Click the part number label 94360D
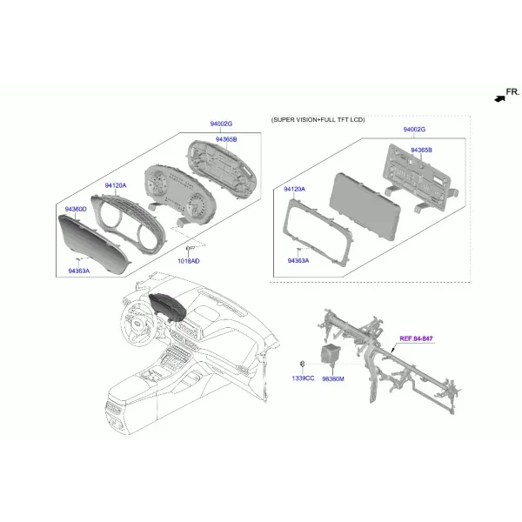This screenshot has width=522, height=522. coord(76,209)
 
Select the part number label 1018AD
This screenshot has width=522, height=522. coord(189,261)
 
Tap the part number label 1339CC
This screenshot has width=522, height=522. coord(303,378)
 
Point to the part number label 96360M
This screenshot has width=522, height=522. coord(333,378)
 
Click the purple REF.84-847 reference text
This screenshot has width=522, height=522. coord(416,338)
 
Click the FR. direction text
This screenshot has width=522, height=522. coord(512,92)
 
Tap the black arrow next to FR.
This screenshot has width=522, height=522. coord(499,98)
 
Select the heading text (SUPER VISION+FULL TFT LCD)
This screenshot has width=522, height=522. coord(318,119)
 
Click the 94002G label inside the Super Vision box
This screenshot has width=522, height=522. coord(414,129)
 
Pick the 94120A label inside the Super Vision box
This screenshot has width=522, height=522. coord(294,189)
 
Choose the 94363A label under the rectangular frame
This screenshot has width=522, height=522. coord(298,260)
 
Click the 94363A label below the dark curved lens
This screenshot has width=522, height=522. coord(79,271)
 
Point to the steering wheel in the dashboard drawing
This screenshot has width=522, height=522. coord(138,322)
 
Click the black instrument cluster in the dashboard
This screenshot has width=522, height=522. coord(167,308)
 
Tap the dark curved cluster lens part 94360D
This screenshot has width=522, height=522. coord(92,244)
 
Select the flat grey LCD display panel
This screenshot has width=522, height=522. coord(365,206)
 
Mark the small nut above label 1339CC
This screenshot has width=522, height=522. coord(303,364)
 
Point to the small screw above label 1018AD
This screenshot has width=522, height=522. coord(189,248)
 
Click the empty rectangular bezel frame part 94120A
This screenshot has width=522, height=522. coord(317,232)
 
